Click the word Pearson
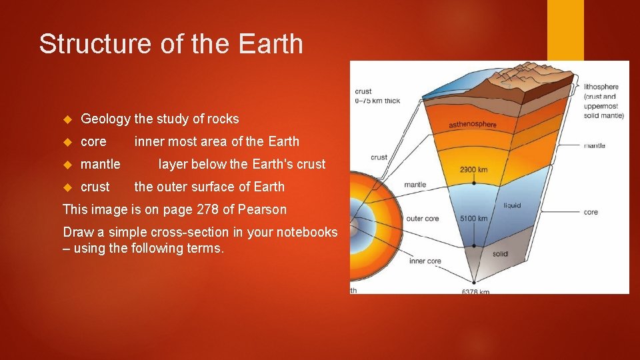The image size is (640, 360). tap(263, 209)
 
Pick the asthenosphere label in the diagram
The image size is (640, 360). tap(473, 125)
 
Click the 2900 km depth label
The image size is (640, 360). tap(473, 169)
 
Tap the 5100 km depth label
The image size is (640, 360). tap(474, 218)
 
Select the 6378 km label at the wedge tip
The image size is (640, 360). tap(475, 291)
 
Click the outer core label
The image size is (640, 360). tap(422, 219)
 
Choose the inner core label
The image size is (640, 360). tap(425, 261)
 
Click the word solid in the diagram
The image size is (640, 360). tap(500, 254)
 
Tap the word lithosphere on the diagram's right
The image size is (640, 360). tap(601, 87)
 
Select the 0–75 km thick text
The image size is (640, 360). tap(377, 101)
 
